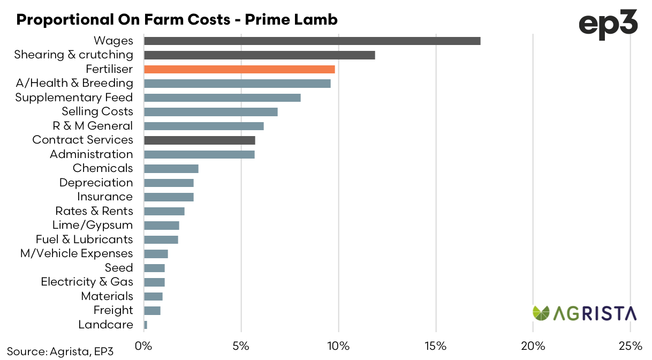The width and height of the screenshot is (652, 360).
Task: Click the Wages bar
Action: click(x=312, y=41)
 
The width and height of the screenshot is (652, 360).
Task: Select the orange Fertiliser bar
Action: click(x=239, y=69)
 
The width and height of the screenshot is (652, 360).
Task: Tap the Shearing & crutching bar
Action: click(x=260, y=55)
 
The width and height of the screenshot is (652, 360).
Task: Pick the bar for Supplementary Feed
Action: click(x=222, y=97)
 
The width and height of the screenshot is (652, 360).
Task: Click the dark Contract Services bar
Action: click(x=200, y=140)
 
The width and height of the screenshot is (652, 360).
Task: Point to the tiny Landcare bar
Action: click(x=146, y=325)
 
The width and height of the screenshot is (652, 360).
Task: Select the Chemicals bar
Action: click(x=171, y=168)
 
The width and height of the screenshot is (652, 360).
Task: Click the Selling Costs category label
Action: click(x=97, y=111)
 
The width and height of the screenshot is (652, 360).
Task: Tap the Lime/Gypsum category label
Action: click(x=93, y=225)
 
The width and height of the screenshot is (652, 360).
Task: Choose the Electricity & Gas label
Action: click(x=87, y=282)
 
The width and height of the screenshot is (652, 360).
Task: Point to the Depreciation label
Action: click(x=96, y=183)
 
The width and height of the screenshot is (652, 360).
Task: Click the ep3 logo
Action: click(x=609, y=25)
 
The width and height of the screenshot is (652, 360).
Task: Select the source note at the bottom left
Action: click(x=60, y=351)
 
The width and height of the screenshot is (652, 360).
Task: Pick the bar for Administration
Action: click(x=199, y=154)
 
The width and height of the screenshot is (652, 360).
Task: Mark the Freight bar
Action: click(x=152, y=310)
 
